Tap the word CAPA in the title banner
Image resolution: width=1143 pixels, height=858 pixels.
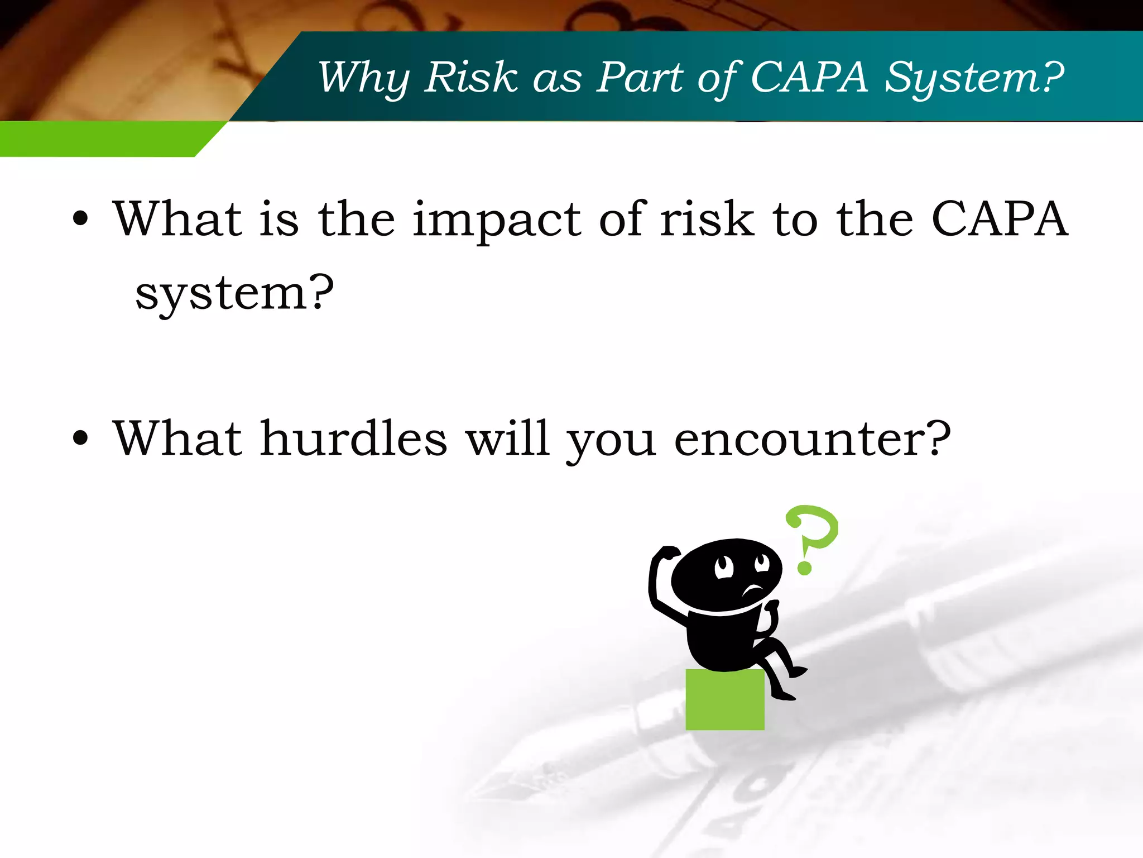pyautogui.click(x=809, y=77)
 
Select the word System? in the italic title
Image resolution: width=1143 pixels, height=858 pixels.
pyautogui.click(x=974, y=78)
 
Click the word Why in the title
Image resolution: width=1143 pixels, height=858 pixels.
pyautogui.click(x=363, y=78)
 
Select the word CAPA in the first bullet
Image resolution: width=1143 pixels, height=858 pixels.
pyautogui.click(x=999, y=218)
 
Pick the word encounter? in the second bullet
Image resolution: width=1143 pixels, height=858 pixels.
pyautogui.click(x=812, y=438)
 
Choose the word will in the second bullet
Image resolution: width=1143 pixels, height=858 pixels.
pyautogui.click(x=508, y=438)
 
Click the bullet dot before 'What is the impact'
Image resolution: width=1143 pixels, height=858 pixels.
pyautogui.click(x=80, y=219)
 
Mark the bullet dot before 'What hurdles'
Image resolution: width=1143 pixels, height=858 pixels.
pyautogui.click(x=80, y=438)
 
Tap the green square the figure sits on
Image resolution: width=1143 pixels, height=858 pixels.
pyautogui.click(x=724, y=699)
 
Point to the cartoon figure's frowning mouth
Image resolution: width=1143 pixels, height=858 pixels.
pyautogui.click(x=753, y=589)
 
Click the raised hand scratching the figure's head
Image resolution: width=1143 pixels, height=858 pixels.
pyautogui.click(x=667, y=553)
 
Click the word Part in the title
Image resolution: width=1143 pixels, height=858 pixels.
pyautogui.click(x=640, y=77)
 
